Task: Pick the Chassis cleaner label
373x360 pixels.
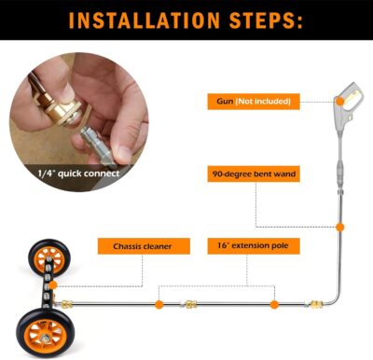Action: point(134,246)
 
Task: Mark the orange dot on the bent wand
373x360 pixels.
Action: point(340,226)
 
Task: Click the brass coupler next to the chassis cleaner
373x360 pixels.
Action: point(70,303)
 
